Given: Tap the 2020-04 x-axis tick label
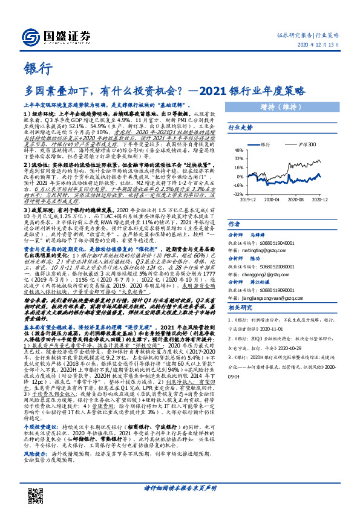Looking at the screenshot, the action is [x=275, y=197].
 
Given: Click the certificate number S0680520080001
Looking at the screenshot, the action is [x=281, y=265].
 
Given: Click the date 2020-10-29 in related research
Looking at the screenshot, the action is [x=287, y=365].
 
